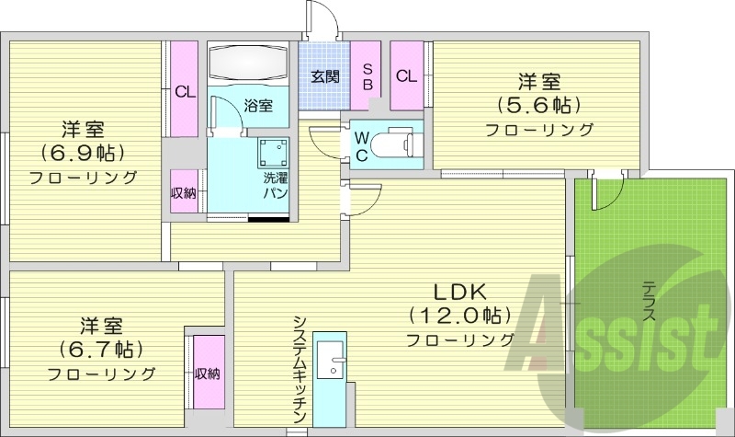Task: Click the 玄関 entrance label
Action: point(321,76)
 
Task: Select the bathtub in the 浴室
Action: point(248,63)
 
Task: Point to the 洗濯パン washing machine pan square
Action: point(273,150)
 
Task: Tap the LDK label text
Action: point(459,292)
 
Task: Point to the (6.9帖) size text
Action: point(82,151)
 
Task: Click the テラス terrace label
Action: point(648,300)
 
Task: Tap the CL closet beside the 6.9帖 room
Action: point(185,91)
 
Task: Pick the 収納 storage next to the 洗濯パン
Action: point(183,192)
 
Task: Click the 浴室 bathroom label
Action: point(257,106)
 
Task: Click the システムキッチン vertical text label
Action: point(300,368)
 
